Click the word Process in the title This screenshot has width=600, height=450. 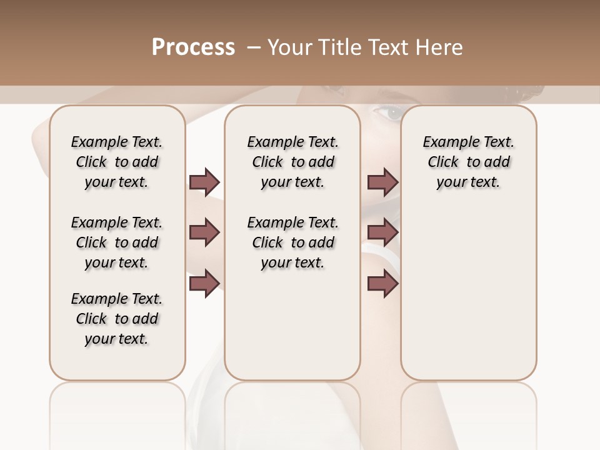(193, 47)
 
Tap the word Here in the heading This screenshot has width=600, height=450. (441, 47)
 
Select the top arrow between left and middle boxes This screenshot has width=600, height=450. (204, 182)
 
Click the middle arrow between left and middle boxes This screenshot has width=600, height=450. (204, 232)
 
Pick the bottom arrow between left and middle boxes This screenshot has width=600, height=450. (204, 283)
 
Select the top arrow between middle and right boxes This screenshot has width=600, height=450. (382, 182)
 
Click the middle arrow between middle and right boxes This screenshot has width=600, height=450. (382, 232)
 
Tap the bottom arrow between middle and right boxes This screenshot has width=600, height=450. (382, 283)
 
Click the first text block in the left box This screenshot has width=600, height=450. (117, 162)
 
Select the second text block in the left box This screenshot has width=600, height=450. (117, 242)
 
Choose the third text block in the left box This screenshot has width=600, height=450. (117, 319)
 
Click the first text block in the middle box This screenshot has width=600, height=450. (292, 162)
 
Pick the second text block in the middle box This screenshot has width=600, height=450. (292, 242)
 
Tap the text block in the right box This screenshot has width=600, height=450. (468, 162)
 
